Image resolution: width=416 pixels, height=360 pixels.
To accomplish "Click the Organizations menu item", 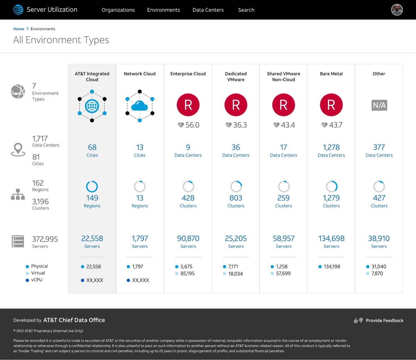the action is point(118,10).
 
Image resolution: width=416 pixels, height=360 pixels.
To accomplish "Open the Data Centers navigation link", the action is point(208,10).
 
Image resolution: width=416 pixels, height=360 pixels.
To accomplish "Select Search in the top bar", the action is point(246,10).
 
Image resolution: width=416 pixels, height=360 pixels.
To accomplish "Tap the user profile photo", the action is point(397,10).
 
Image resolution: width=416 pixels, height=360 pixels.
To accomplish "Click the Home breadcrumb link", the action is point(19,29).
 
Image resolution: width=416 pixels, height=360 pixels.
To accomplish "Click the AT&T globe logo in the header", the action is point(18,10).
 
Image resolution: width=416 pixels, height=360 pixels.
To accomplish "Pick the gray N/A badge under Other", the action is point(379,105).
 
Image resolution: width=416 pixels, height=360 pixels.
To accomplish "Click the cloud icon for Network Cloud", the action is point(140,106).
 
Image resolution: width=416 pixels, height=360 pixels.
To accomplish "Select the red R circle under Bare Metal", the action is point(331,105).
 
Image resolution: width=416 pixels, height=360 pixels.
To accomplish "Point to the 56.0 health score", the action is point(192,125).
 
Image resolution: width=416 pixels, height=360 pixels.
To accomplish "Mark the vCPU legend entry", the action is point(34,280).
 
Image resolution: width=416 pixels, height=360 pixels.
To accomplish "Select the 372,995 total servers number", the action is point(45,239).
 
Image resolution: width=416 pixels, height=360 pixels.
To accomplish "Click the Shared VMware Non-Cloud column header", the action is point(284,77).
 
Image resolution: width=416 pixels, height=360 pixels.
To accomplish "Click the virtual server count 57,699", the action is point(283,273).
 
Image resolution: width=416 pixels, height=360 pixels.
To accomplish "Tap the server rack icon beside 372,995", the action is point(18,241).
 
